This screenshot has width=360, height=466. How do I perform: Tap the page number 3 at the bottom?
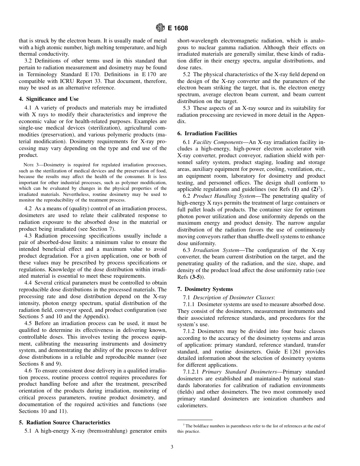[x=172, y=447]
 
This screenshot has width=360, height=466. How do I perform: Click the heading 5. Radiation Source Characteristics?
[x=64, y=422]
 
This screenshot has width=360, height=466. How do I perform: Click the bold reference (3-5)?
[x=197, y=277]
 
